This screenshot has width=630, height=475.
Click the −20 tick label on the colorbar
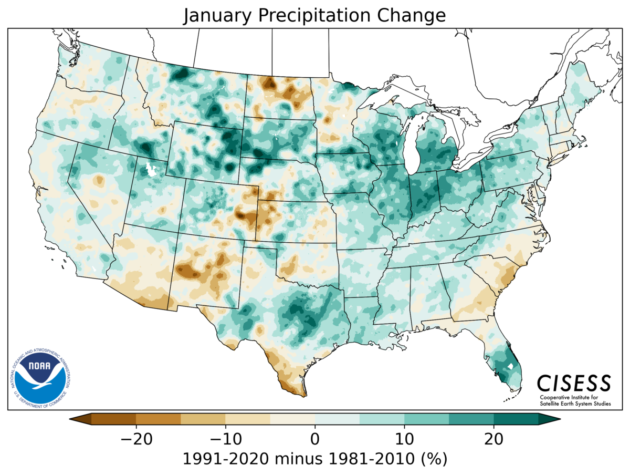pyautogui.click(x=136, y=439)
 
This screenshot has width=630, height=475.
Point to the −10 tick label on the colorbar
pyautogui.click(x=225, y=439)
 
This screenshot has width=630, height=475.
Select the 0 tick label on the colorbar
pyautogui.click(x=315, y=439)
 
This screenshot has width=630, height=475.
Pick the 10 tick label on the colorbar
pyautogui.click(x=404, y=439)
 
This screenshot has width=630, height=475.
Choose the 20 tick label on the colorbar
pyautogui.click(x=494, y=439)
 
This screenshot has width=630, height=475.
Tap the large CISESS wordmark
pyautogui.click(x=574, y=383)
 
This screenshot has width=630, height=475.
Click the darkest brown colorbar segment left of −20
pyautogui.click(x=113, y=419)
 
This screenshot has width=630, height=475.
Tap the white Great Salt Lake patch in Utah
pyautogui.click(x=151, y=170)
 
